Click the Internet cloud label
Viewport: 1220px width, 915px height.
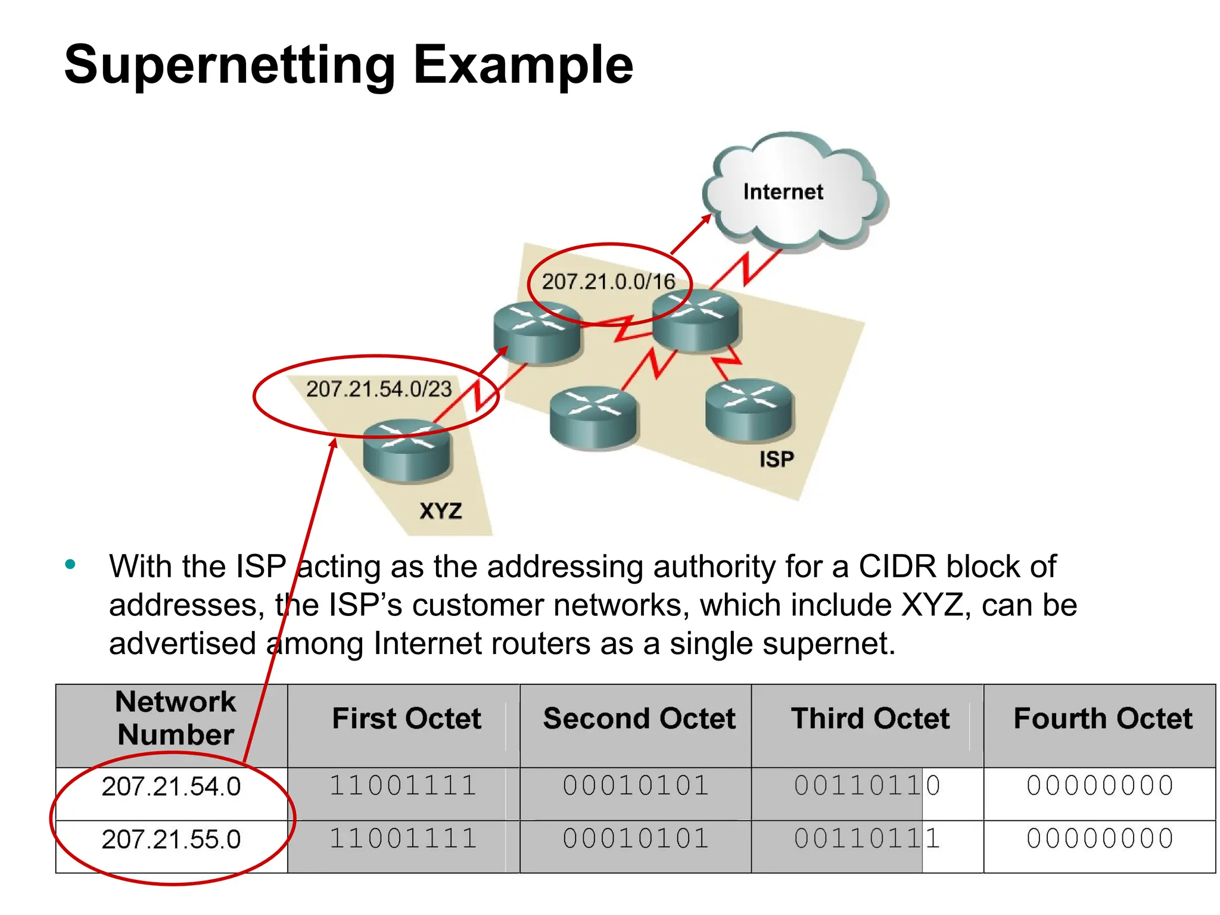783,192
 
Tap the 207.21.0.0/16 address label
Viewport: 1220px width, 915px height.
608,281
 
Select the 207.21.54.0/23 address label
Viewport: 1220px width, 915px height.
379,389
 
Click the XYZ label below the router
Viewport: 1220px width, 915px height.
440,511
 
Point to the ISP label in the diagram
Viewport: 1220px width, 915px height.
776,459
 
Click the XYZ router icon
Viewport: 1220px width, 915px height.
407,451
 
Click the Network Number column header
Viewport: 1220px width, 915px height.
175,718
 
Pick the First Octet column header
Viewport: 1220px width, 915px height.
406,718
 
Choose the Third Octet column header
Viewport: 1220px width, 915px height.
870,718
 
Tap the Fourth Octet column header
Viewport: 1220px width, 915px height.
1103,718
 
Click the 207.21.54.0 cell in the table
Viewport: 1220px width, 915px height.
171,787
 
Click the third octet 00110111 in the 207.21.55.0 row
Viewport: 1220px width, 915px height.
867,839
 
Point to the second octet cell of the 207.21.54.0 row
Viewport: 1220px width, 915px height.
636,786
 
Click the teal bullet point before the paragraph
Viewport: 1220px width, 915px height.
70,564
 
